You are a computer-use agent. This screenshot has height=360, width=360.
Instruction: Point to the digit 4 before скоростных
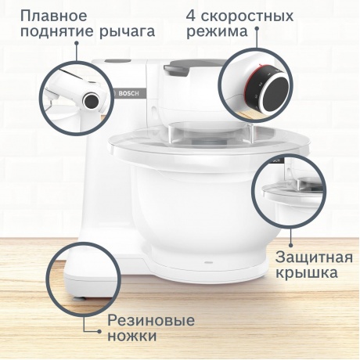pyautogui.click(x=191, y=15)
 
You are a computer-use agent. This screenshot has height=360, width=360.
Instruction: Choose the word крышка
pyautogui.click(x=307, y=273)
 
